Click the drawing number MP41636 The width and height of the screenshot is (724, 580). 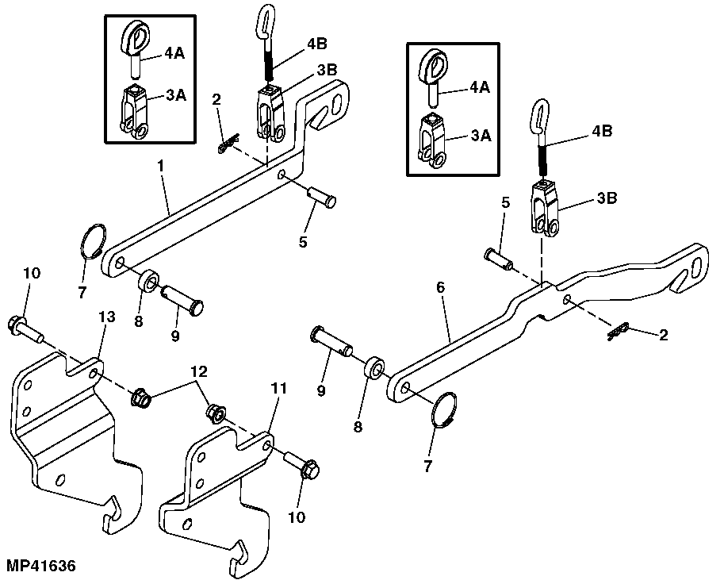[40, 567]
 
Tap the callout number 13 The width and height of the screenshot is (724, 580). [106, 317]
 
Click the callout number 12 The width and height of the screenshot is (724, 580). [198, 371]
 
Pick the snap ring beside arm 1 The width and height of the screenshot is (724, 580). [94, 240]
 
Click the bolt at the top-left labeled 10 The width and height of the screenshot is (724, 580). [23, 327]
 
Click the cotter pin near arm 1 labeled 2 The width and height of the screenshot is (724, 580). [228, 144]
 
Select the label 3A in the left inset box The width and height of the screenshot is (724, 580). [176, 95]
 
